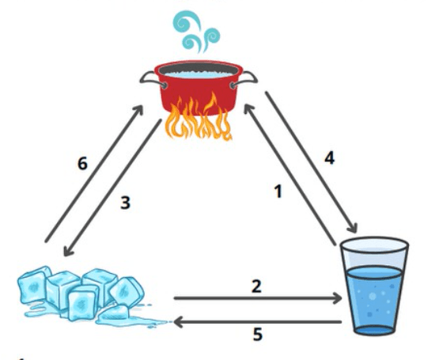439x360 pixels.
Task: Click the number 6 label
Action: (x=82, y=163)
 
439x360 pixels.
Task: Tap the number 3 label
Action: (x=125, y=203)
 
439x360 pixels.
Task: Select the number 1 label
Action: (x=278, y=192)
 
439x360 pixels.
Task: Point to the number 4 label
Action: (x=330, y=158)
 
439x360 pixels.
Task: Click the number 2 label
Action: (x=256, y=286)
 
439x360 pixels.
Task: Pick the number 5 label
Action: (x=258, y=334)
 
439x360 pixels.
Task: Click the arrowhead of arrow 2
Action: (x=337, y=298)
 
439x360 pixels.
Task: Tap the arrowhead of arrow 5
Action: (x=178, y=322)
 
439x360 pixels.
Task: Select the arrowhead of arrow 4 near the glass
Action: (x=353, y=228)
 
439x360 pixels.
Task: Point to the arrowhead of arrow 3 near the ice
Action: (x=68, y=250)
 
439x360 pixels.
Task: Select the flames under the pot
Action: (x=199, y=117)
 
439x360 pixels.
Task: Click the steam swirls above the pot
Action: (x=196, y=32)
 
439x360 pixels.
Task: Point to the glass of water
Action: (x=374, y=286)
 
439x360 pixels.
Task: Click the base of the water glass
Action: (x=374, y=330)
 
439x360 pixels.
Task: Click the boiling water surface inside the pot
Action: (x=199, y=74)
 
